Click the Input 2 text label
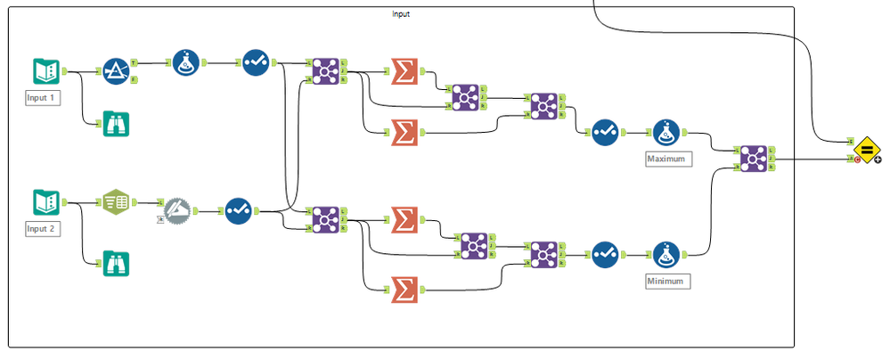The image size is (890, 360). tap(43, 229)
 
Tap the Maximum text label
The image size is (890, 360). tap(667, 159)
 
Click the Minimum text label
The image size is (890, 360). tap(667, 281)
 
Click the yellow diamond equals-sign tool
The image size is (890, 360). tap(867, 148)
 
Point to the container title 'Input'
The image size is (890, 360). tap(401, 14)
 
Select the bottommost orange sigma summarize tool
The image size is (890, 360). tap(404, 287)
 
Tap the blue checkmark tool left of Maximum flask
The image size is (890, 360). tap(606, 133)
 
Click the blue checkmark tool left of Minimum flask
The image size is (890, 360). tap(606, 256)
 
